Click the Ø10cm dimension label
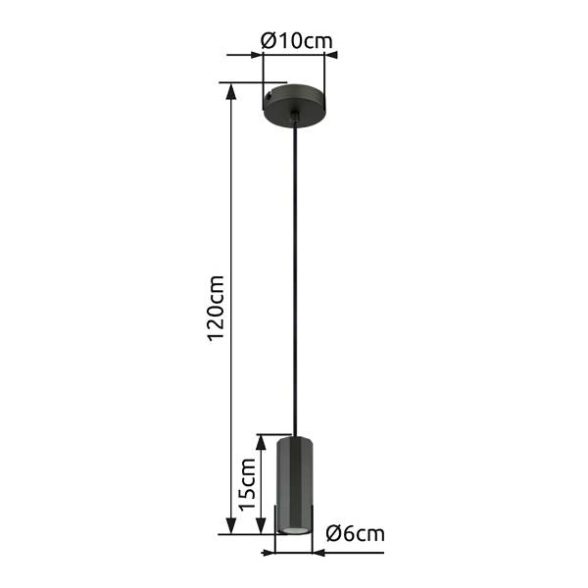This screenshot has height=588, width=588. pos(296,40)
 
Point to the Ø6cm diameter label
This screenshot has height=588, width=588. pos(353,534)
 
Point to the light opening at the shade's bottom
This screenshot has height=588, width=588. pos(293,530)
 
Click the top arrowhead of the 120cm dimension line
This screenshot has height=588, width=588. pos(231,90)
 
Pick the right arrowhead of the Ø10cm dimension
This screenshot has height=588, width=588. pos(330,55)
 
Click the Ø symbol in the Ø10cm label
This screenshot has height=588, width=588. pos(268,40)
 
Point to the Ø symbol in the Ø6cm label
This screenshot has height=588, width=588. pos(331,534)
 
